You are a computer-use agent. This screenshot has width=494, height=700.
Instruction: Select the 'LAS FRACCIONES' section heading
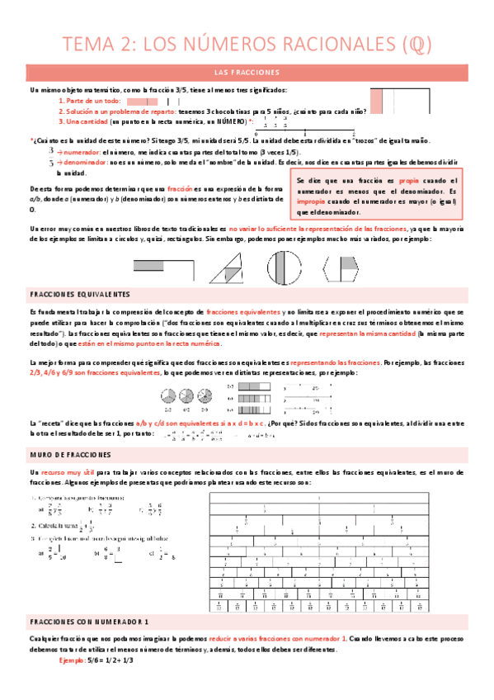click(x=247, y=73)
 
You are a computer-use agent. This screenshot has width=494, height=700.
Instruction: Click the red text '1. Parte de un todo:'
click(x=90, y=100)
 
